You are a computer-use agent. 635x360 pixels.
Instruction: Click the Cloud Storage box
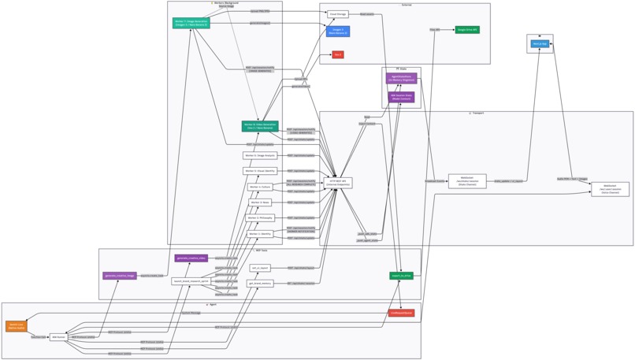[338, 14]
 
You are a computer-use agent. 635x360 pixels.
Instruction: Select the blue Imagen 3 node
[338, 32]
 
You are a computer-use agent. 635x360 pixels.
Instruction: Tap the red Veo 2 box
[338, 55]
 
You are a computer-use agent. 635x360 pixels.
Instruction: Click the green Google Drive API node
[467, 30]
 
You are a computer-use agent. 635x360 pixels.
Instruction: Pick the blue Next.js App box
[540, 44]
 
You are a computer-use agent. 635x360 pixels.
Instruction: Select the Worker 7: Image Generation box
[191, 24]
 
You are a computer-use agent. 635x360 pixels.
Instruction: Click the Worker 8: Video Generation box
[260, 126]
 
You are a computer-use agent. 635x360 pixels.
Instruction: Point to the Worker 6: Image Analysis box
[260, 156]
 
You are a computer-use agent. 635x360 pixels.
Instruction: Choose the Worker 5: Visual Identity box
[260, 171]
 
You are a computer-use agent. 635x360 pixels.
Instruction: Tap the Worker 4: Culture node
[260, 187]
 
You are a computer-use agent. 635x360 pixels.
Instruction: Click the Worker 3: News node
[260, 202]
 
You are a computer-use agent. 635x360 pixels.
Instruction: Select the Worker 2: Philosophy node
[260, 218]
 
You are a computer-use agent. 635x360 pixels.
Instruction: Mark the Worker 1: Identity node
[260, 234]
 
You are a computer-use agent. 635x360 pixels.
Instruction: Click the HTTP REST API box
[338, 183]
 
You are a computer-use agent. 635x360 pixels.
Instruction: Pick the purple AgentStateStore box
[401, 79]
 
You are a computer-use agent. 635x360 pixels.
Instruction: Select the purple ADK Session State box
[401, 97]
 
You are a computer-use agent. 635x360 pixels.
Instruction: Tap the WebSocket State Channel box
[467, 181]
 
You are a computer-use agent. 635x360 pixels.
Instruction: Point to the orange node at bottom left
[16, 326]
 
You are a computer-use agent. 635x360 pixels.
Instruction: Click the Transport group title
[476, 113]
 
